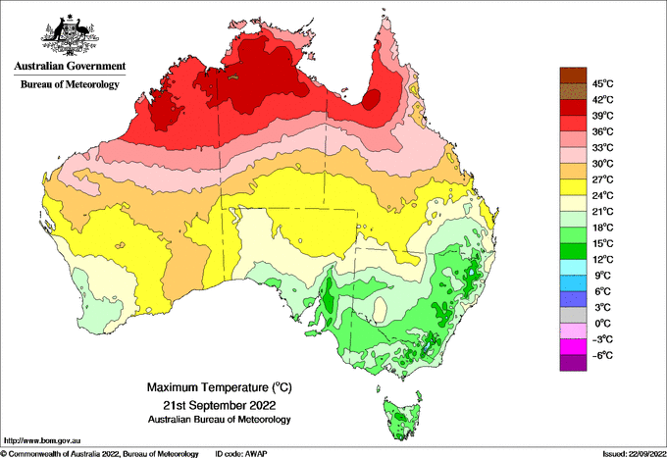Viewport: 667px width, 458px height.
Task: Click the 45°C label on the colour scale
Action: pyautogui.click(x=603, y=83)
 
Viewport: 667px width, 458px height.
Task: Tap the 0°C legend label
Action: pyautogui.click(x=602, y=324)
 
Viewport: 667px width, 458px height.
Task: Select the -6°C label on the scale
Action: pyautogui.click(x=602, y=355)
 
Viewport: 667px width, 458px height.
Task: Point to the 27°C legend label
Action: pyautogui.click(x=603, y=179)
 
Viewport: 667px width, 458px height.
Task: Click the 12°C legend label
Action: pyautogui.click(x=603, y=260)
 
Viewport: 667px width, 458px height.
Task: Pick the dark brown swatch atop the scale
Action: pyautogui.click(x=573, y=76)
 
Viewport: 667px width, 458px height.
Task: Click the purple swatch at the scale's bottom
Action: pyautogui.click(x=573, y=363)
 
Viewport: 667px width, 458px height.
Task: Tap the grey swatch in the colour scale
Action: pyautogui.click(x=573, y=315)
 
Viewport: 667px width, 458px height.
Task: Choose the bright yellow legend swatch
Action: pyautogui.click(x=573, y=187)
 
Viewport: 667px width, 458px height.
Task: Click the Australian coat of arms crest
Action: pyautogui.click(x=71, y=35)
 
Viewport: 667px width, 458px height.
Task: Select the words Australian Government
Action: pyautogui.click(x=70, y=66)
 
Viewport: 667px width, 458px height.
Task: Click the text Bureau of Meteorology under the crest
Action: pyautogui.click(x=70, y=84)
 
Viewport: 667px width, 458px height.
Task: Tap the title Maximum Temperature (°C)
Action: pyautogui.click(x=220, y=387)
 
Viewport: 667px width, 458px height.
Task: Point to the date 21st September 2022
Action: pyautogui.click(x=220, y=404)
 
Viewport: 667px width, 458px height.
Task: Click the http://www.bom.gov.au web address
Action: pyautogui.click(x=41, y=441)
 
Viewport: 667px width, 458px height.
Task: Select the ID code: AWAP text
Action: pyautogui.click(x=241, y=454)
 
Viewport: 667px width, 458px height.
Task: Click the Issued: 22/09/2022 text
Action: pyautogui.click(x=635, y=454)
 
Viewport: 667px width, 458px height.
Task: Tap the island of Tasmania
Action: pyautogui.click(x=402, y=418)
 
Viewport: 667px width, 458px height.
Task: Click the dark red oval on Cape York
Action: pyautogui.click(x=372, y=100)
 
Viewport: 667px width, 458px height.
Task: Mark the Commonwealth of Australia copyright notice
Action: pyautogui.click(x=100, y=454)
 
